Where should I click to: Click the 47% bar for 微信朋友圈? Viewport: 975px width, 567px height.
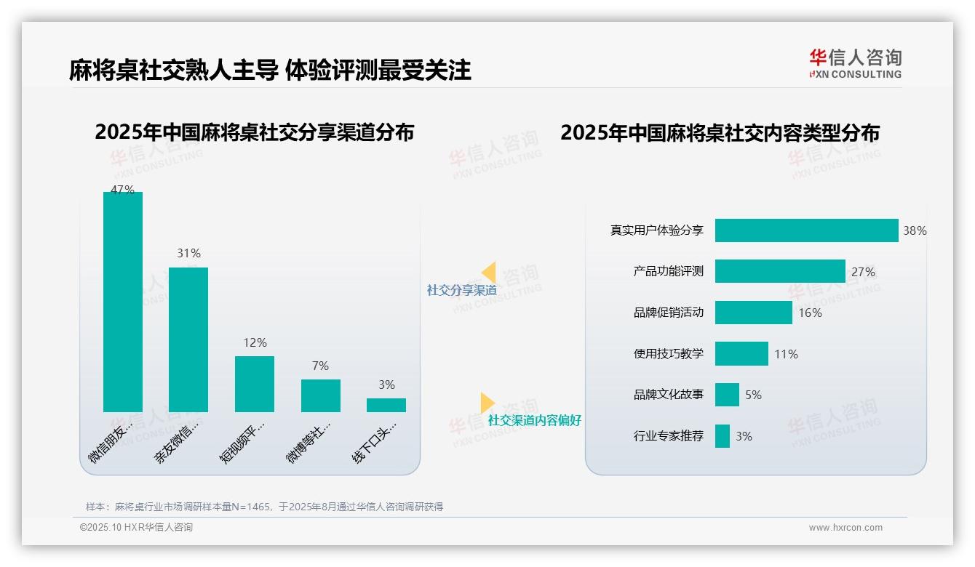pyautogui.click(x=123, y=302)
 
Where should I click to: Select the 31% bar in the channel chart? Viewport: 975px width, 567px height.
pyautogui.click(x=188, y=339)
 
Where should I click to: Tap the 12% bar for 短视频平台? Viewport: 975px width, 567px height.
pyautogui.click(x=255, y=384)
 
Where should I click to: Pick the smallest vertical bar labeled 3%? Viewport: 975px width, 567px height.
pyautogui.click(x=386, y=405)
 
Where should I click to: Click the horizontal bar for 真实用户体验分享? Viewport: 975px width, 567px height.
pyautogui.click(x=806, y=230)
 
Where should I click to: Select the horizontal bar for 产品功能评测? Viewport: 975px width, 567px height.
pyautogui.click(x=780, y=271)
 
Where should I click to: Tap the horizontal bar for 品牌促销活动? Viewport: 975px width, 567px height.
pyautogui.click(x=753, y=313)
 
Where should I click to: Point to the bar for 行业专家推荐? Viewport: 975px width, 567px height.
pyautogui.click(x=723, y=436)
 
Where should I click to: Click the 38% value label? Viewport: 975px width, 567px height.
pyautogui.click(x=915, y=231)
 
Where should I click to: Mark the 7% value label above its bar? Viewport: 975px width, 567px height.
pyautogui.click(x=320, y=366)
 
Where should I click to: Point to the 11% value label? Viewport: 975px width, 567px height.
pyautogui.click(x=786, y=354)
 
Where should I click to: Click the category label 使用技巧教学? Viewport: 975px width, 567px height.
pyautogui.click(x=669, y=354)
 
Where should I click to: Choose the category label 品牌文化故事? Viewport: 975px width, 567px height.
pyautogui.click(x=669, y=395)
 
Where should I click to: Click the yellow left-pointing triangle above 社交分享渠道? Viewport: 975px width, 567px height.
pyautogui.click(x=489, y=273)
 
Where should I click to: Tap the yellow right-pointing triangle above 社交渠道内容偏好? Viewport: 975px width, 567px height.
pyautogui.click(x=487, y=403)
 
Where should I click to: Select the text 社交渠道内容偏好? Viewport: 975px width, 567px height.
pyautogui.click(x=535, y=420)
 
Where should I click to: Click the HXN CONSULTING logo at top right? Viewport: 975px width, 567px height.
pyautogui.click(x=855, y=64)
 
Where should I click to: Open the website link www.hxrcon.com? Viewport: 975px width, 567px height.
pyautogui.click(x=845, y=528)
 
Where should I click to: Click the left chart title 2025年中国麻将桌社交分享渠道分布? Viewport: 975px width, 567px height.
pyautogui.click(x=254, y=132)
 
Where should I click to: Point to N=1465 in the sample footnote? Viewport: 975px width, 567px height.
pyautogui.click(x=250, y=507)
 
